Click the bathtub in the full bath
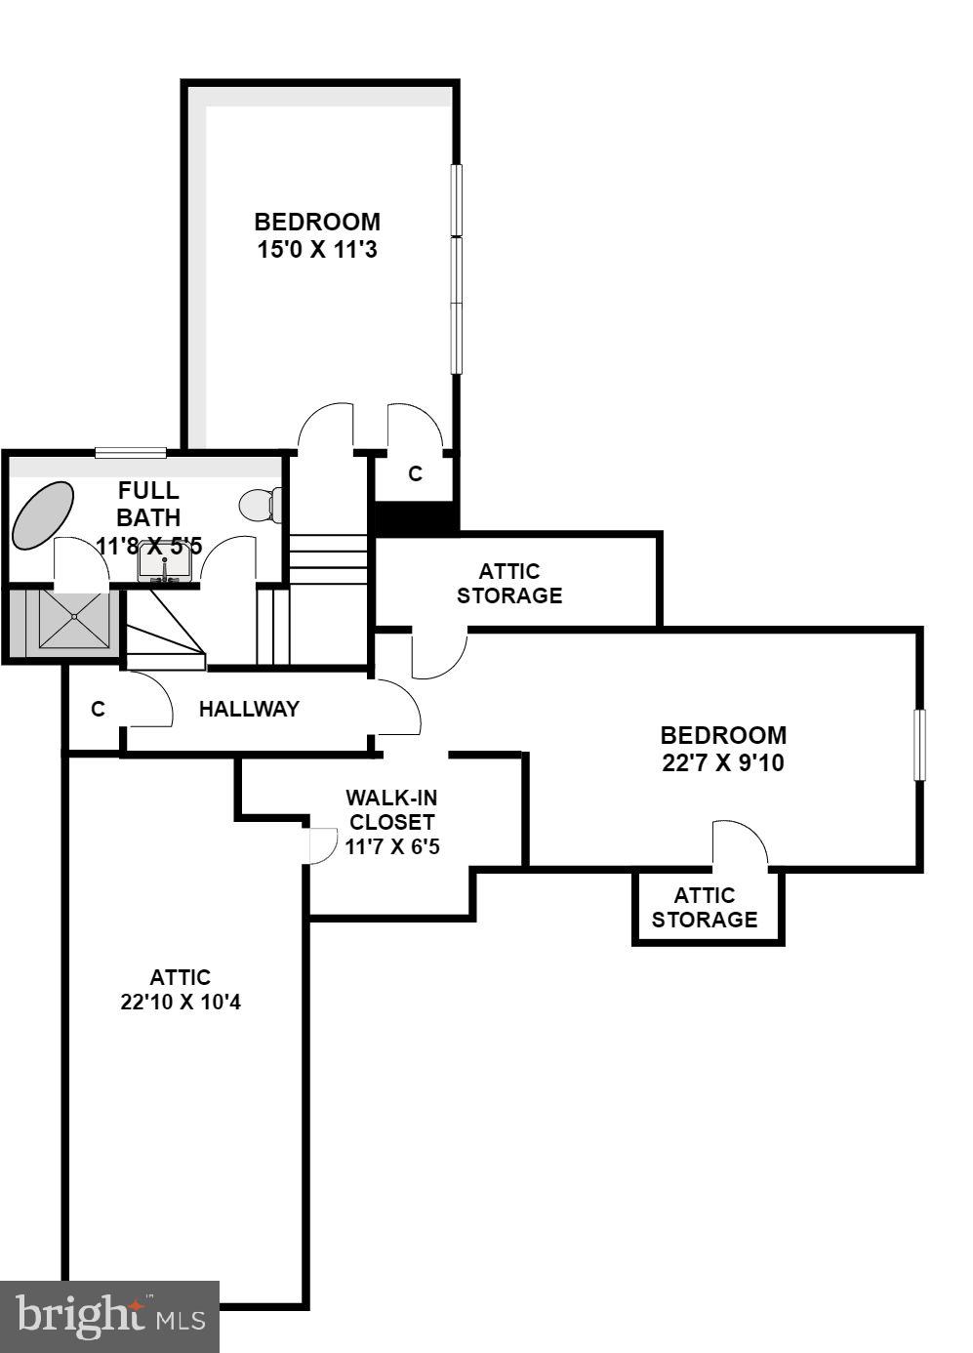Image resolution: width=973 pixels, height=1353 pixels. [x=43, y=513]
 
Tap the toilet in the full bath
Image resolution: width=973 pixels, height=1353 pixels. [x=260, y=505]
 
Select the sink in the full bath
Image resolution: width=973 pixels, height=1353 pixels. [x=164, y=563]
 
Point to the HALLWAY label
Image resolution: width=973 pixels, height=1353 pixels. [x=249, y=710]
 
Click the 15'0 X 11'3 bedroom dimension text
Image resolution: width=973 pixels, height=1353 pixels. [x=317, y=250]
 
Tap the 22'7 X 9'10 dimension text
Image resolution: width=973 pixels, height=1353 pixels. [x=722, y=762]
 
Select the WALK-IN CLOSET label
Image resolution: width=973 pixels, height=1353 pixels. [x=391, y=810]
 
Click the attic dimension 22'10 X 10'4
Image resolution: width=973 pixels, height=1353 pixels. [x=181, y=1002]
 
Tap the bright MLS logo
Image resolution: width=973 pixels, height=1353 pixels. [x=109, y=1316]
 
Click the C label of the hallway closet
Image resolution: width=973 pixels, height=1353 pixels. [x=98, y=710]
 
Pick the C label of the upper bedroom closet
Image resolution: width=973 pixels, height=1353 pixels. [x=415, y=474]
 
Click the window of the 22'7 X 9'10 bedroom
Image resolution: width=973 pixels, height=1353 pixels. [x=918, y=744]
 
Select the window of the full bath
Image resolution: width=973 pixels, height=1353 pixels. [x=130, y=451]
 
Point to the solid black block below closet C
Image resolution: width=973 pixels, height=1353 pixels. [x=416, y=517]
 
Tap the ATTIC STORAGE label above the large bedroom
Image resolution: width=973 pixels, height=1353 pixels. [x=509, y=584]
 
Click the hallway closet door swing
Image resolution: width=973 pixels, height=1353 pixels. [x=148, y=702]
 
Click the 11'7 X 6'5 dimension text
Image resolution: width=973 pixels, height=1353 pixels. [x=392, y=846]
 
